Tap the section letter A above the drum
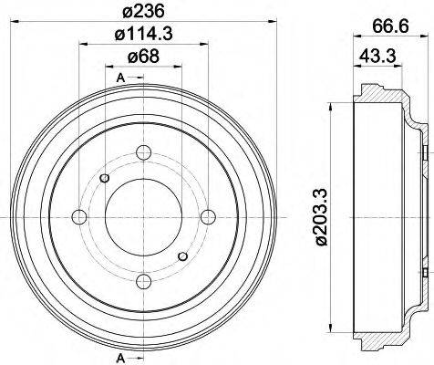(120, 79)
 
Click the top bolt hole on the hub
(143, 151)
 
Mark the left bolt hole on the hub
(79, 216)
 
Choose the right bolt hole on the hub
(208, 216)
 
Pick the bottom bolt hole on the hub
(143, 280)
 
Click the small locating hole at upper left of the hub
(104, 177)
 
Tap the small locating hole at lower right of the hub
(183, 255)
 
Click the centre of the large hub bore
(143, 216)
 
